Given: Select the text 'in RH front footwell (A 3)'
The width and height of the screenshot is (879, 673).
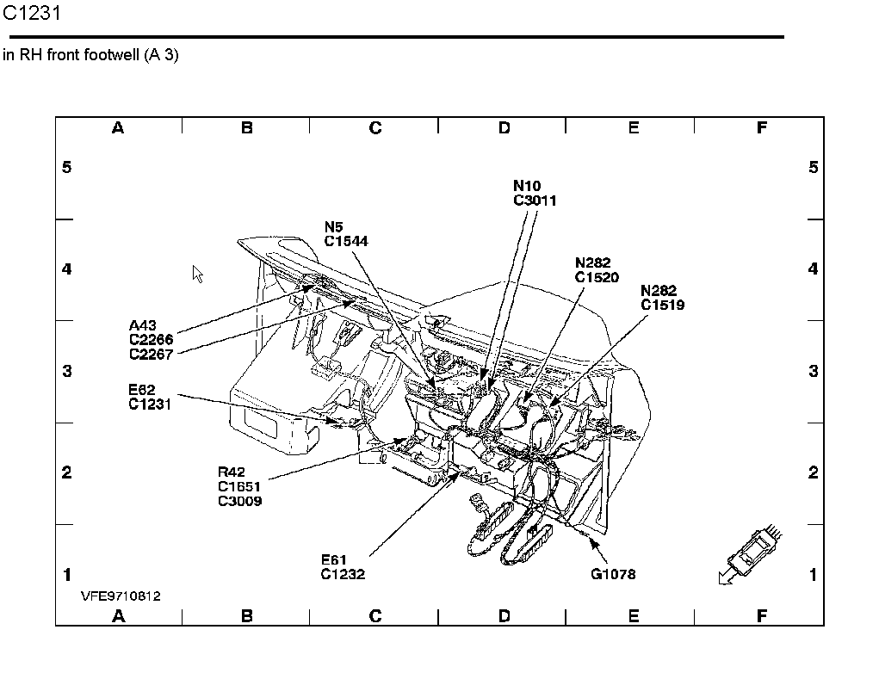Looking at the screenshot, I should [90, 56].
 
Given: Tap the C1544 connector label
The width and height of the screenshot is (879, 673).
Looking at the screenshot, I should [346, 242].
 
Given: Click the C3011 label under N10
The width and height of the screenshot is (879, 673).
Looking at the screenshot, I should [535, 201].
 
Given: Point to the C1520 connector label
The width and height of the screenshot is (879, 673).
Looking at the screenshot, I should [597, 277].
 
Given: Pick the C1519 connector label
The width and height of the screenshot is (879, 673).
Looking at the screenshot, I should [662, 305].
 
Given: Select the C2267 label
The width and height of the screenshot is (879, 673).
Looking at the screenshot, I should [151, 353].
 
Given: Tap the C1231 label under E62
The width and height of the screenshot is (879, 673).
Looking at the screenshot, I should [151, 404].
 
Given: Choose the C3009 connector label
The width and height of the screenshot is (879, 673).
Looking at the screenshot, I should [240, 501].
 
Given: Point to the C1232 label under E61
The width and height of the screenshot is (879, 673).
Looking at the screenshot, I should [343, 574].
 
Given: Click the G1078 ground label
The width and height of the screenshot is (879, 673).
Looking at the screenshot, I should [613, 574].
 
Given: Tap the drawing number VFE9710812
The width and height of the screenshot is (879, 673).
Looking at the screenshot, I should [121, 596].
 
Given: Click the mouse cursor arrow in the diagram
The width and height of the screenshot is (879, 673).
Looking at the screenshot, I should [197, 273].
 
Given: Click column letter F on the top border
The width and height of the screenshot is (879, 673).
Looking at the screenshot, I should [761, 128].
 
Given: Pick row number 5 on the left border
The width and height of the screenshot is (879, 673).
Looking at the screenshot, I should [67, 167].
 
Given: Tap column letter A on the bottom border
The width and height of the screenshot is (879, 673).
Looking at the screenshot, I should [118, 615].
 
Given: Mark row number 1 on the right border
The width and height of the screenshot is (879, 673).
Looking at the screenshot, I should [813, 574].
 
